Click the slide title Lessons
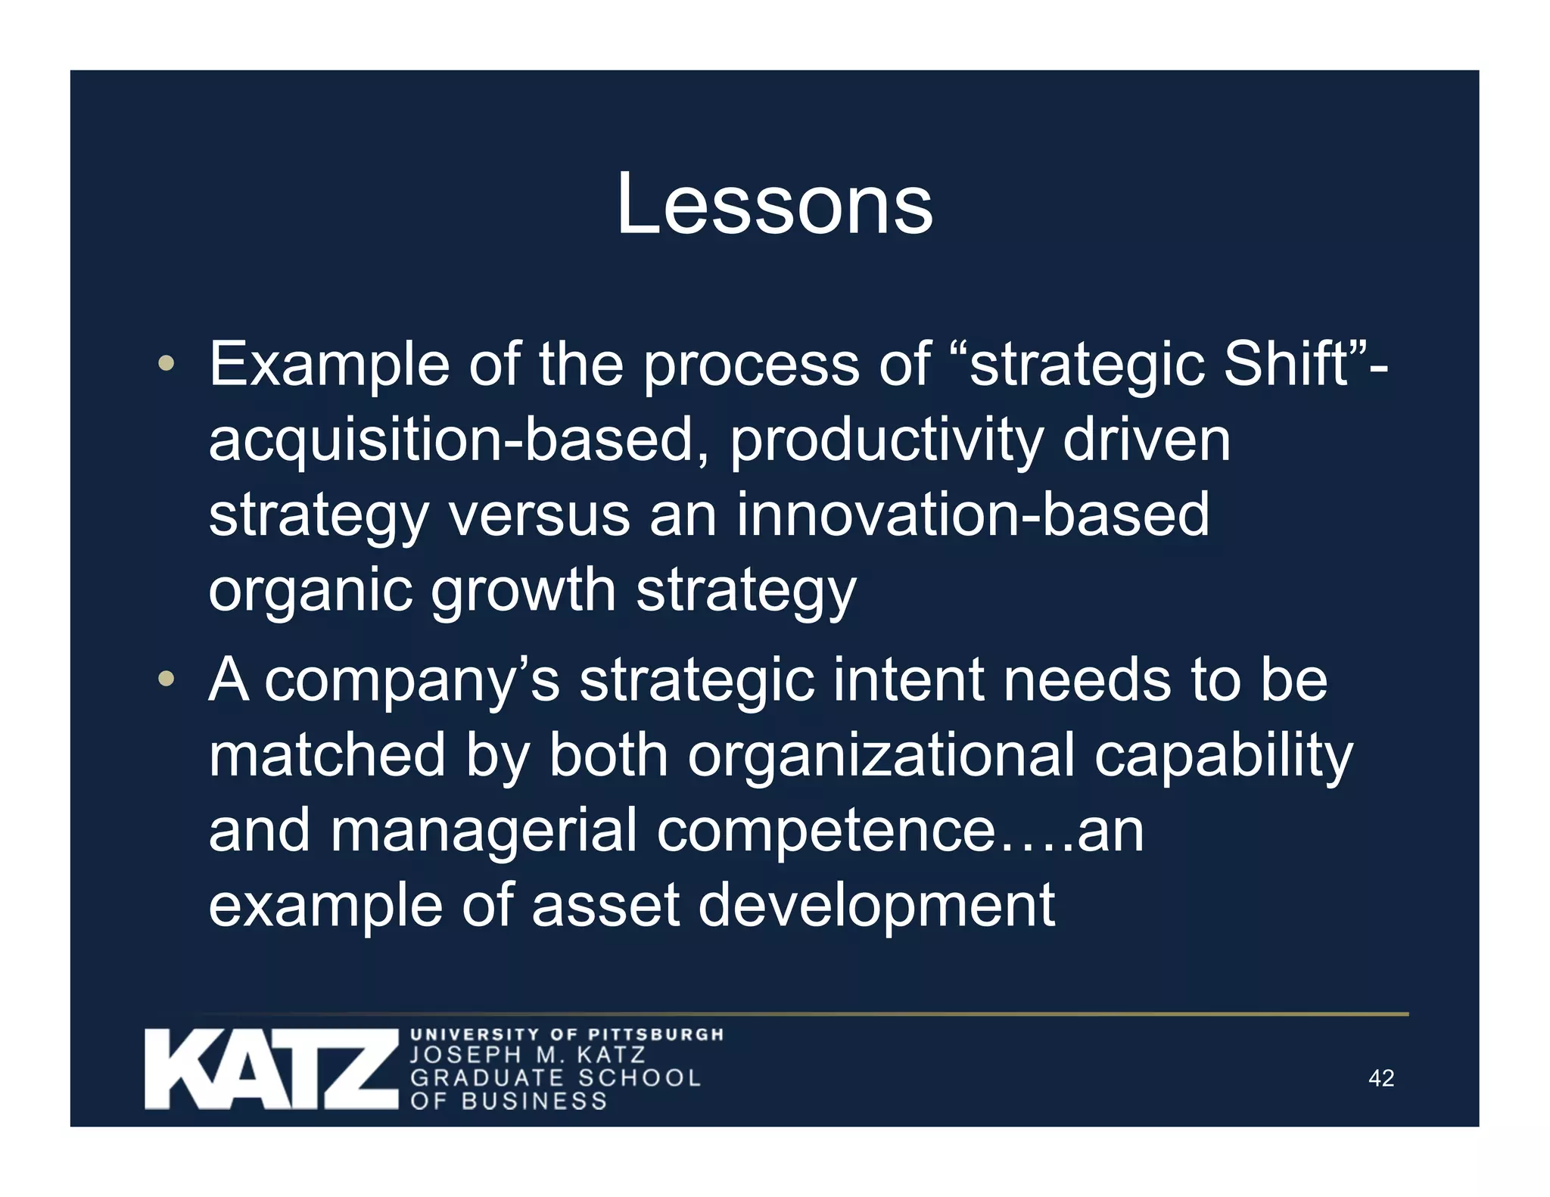point(774,204)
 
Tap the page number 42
point(1381,1077)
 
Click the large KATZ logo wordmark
point(271,1069)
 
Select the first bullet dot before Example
point(167,364)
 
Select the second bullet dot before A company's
point(167,679)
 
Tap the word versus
point(539,515)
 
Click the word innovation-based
point(973,515)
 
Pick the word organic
point(310,590)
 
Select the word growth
point(524,590)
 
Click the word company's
point(412,679)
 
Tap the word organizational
point(881,755)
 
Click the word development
point(876,905)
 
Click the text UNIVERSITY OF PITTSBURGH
point(567,1034)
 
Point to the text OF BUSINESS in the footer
point(509,1101)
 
